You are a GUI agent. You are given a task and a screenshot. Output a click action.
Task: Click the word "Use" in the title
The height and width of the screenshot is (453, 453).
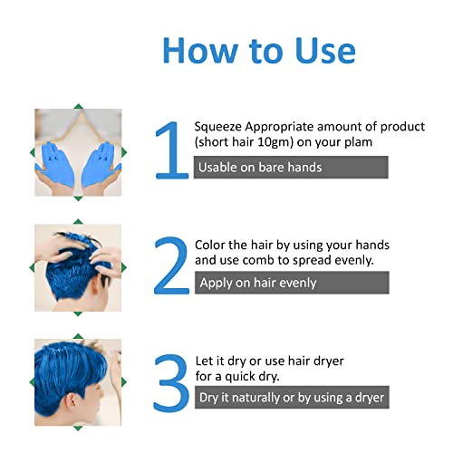pyautogui.click(x=318, y=50)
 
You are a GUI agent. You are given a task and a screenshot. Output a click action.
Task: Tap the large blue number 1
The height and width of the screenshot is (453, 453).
pyautogui.click(x=170, y=151)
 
